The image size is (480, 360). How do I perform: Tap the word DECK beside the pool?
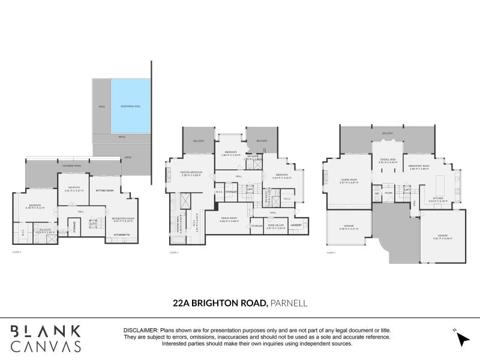102,109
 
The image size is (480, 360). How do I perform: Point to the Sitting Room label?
105,190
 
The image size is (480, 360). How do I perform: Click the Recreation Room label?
122,218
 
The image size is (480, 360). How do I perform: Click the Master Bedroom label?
191,173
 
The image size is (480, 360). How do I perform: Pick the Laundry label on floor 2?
296,225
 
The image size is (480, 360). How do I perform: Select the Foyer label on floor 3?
389,193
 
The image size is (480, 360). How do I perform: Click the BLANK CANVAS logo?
46,338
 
